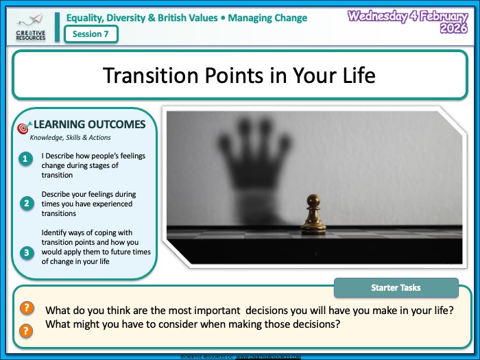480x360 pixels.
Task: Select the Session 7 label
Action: tap(91, 34)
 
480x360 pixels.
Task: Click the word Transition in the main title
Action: tap(150, 75)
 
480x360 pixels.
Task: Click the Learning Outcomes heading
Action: tap(89, 124)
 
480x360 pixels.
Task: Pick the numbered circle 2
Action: tap(26, 203)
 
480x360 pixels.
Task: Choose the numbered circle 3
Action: tap(26, 252)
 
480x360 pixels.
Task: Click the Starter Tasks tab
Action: tap(396, 287)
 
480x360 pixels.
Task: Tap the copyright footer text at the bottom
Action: tap(240, 357)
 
